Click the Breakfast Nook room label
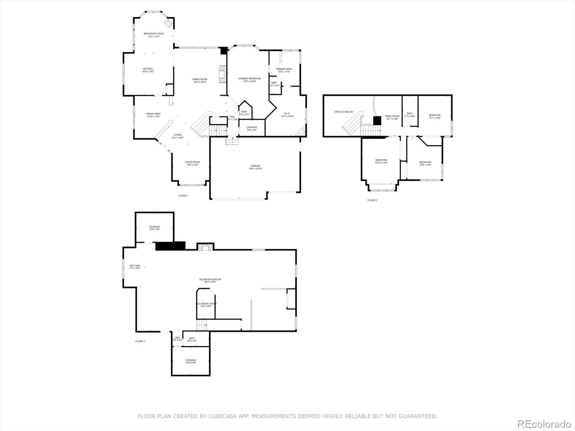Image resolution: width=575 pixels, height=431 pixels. pos(154,34)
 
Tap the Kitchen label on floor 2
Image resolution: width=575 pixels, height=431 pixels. pos(148,69)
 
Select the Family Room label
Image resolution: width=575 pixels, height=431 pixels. pos(199,79)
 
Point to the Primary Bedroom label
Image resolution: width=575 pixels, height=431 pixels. pos(249,79)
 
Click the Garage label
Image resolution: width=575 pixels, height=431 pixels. pos(256,166)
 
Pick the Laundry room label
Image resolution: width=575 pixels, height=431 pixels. pos(252,127)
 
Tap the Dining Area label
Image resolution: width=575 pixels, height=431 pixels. pos(153,114)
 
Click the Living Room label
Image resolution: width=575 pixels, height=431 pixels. pos(192,162)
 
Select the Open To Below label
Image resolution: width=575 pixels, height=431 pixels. pos(344,112)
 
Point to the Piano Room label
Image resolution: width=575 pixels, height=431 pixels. pos(392,116)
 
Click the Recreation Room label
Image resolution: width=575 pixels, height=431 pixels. pos(210,279)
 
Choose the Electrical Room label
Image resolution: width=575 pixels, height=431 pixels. pos(206,304)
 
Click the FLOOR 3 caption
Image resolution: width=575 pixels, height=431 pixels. pos(372,200)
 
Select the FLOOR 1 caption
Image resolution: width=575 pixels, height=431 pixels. pos(140,341)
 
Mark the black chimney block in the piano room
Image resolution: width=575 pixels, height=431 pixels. pos(377,121)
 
